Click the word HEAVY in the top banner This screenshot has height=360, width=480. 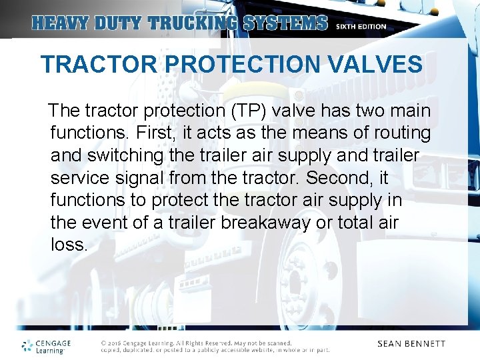(x=57, y=23)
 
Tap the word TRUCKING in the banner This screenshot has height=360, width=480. (x=193, y=23)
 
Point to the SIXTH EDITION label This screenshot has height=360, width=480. (x=361, y=27)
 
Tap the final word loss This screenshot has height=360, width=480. (x=69, y=245)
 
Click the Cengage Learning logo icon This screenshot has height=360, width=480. (x=27, y=345)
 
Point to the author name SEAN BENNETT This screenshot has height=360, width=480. (x=411, y=344)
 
